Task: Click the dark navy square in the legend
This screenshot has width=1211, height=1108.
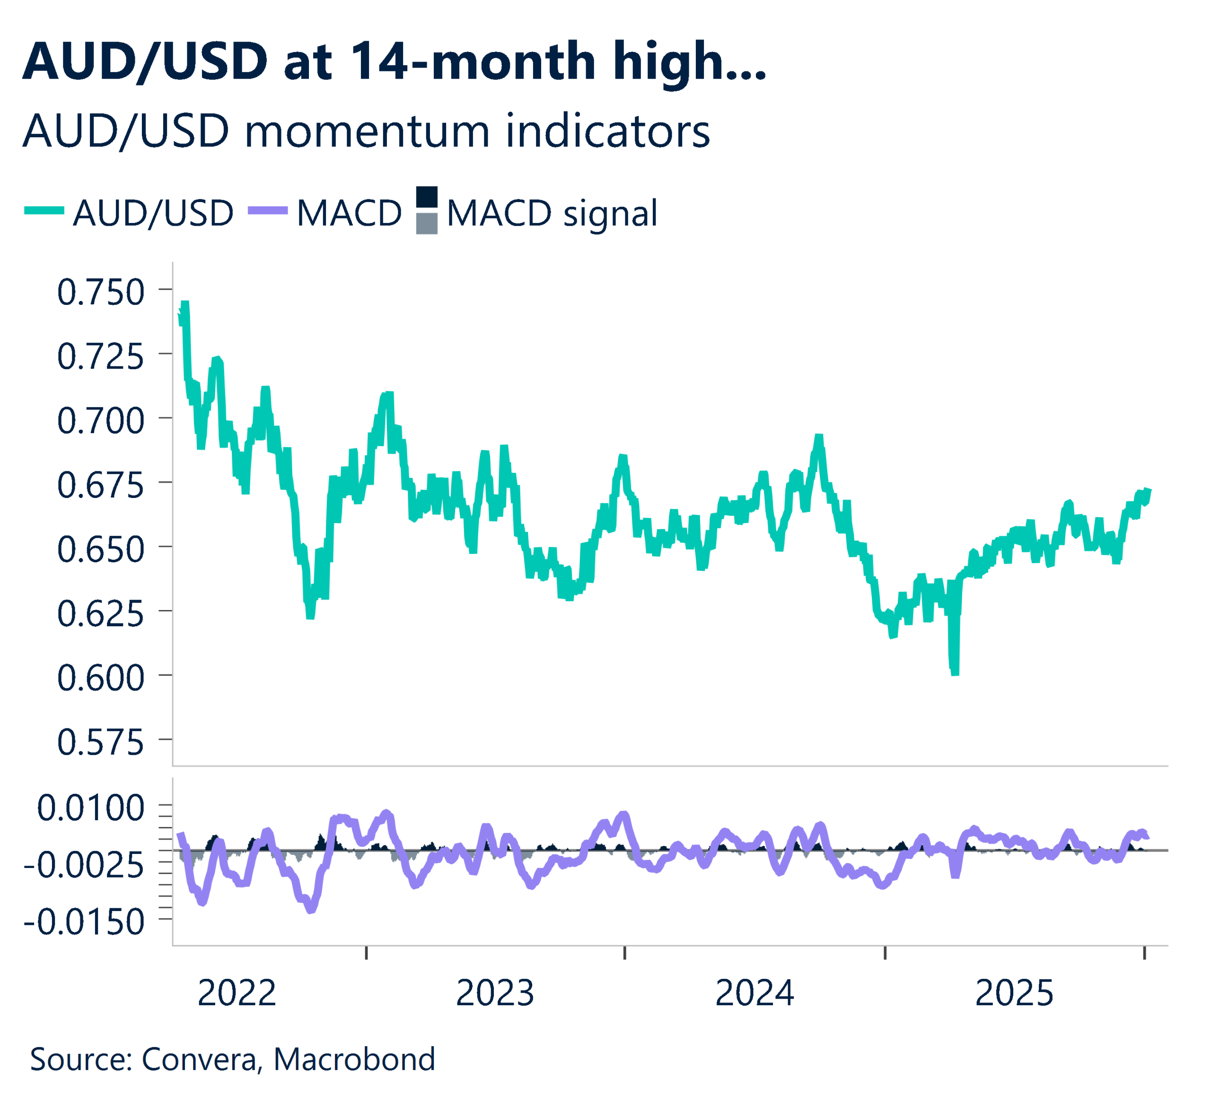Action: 427,197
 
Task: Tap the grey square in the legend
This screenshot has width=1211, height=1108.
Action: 427,223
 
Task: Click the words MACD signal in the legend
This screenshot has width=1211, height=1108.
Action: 552,213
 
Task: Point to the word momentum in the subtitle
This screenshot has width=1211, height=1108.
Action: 368,131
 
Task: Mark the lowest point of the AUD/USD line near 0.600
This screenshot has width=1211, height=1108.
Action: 955,673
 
